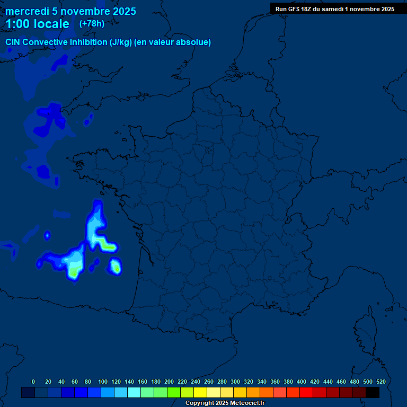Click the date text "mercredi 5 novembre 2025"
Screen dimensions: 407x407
pos(70,11)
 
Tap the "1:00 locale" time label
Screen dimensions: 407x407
pos(37,24)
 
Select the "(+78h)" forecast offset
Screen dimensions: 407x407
pos(92,23)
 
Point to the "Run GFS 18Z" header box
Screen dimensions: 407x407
pos(334,8)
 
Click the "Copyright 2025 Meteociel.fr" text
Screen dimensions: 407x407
pos(225,403)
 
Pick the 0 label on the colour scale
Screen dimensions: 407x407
pos(33,382)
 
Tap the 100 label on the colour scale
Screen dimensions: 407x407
pos(102,382)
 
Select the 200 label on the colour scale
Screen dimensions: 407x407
pos(169,382)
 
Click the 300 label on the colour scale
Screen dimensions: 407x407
pos(235,382)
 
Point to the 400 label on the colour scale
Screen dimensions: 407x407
pos(302,382)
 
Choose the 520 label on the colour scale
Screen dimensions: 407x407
pos(381,382)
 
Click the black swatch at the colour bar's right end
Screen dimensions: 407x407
pos(373,392)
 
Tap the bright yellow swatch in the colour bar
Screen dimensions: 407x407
pos(200,392)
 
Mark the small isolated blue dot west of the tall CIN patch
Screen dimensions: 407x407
pos(47,235)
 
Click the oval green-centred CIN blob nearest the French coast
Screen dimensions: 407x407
pos(116,266)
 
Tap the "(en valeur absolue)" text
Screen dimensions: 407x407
pos(173,42)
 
